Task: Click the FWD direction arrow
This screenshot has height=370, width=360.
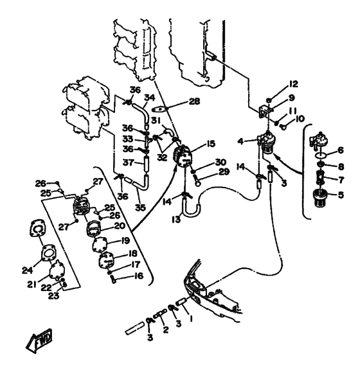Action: point(39,341)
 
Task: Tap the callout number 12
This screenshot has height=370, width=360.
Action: point(293,84)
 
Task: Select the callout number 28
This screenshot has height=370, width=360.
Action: point(194,101)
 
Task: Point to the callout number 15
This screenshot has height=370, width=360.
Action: point(210,143)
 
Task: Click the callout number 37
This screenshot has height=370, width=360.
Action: point(129,163)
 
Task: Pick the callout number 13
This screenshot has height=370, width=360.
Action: point(176,220)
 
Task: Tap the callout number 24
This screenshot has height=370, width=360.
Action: point(28,270)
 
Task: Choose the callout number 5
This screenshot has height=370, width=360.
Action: point(341,195)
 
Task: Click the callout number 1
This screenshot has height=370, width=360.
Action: point(191,319)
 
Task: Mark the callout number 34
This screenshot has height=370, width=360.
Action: point(150,98)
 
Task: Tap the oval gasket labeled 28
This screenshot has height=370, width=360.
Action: point(159,109)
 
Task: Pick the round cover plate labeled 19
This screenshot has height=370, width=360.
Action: point(99,244)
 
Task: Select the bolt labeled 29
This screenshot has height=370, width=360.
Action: point(197,179)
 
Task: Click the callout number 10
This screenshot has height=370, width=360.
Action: point(300,119)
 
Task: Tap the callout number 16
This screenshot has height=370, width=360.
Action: point(138,276)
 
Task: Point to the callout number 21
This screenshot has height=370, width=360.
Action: point(32,285)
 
